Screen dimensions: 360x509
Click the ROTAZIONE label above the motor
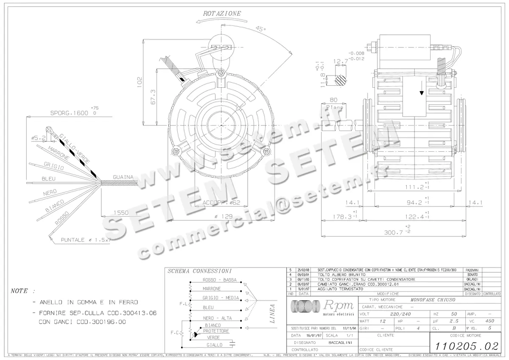(x=222, y=14)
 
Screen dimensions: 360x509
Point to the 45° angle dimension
(x=260, y=30)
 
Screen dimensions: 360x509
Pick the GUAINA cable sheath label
(x=123, y=177)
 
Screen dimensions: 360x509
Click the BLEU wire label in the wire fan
(x=49, y=179)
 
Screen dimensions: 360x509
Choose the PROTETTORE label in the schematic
(x=216, y=331)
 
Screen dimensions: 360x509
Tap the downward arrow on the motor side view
(x=421, y=91)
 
